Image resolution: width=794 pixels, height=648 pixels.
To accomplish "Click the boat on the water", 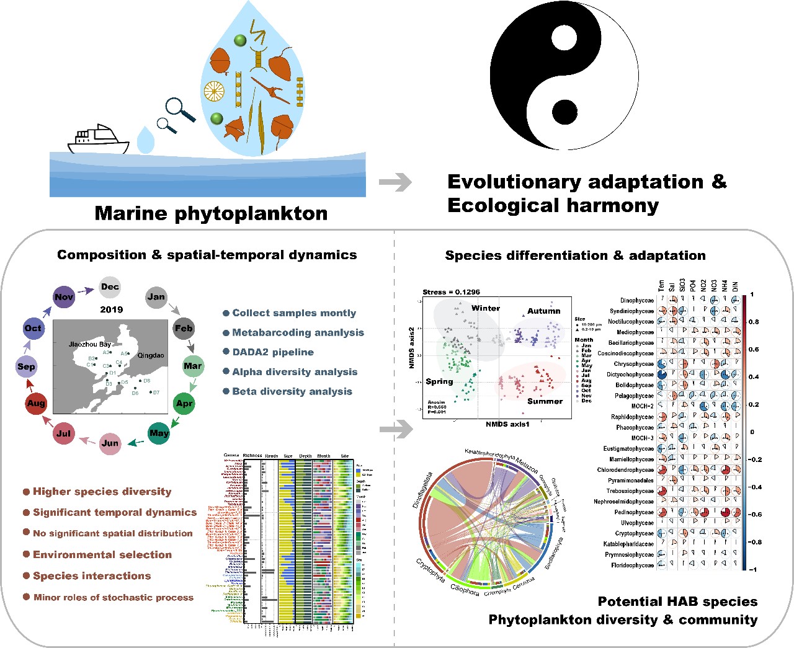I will (97, 140).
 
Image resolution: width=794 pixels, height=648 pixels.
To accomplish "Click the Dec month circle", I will (110, 287).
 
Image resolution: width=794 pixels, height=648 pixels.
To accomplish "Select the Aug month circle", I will (36, 404).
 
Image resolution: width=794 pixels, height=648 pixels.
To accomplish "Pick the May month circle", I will (159, 433).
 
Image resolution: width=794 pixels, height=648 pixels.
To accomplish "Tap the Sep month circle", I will (26, 366).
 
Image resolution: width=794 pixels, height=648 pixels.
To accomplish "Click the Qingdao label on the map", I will (151, 356).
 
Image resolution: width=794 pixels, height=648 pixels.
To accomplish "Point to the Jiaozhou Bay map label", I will (90, 344).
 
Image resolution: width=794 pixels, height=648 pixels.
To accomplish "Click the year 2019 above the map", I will (112, 309).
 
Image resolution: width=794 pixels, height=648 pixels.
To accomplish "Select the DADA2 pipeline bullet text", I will (273, 352).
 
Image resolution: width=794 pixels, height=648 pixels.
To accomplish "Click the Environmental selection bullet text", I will (102, 555).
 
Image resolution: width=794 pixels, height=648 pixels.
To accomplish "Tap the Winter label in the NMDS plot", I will (486, 308).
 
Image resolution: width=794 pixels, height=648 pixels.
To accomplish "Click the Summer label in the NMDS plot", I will (545, 401).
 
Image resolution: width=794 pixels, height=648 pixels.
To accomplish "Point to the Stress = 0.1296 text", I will (451, 292).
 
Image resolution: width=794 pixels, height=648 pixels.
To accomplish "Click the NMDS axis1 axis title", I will (507, 424).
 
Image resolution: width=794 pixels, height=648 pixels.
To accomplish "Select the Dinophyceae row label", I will (636, 301).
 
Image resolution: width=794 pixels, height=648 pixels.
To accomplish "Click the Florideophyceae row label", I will (632, 566).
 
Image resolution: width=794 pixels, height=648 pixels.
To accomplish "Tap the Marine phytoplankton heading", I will (211, 213).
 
